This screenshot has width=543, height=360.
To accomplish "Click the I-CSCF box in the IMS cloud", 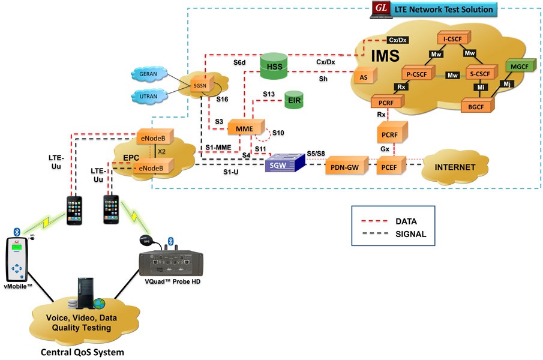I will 452,38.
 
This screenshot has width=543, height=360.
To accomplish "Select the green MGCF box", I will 518,66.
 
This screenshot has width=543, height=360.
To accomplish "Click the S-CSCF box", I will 481,74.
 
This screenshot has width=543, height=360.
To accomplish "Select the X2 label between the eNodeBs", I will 161,151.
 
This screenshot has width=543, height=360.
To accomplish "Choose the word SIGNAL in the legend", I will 410,235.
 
